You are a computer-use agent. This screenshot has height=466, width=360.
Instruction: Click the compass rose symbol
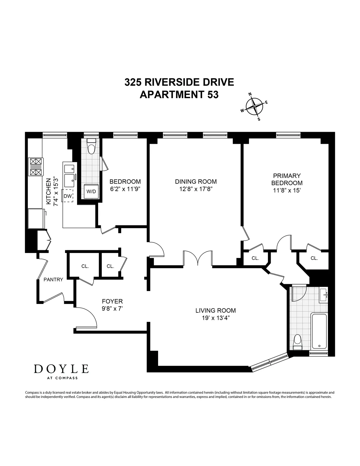click(254, 107)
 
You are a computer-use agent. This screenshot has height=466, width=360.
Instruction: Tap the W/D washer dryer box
click(91, 191)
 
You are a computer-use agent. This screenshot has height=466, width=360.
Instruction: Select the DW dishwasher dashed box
click(68, 196)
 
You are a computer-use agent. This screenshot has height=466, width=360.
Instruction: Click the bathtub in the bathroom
click(319, 331)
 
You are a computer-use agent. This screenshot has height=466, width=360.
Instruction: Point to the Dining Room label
click(196, 182)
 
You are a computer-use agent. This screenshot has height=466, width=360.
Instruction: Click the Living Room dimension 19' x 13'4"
click(215, 318)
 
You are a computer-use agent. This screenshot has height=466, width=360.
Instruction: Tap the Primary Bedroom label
click(286, 179)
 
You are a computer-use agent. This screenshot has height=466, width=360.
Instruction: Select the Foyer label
click(112, 301)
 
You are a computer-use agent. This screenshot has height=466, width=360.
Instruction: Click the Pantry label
click(53, 280)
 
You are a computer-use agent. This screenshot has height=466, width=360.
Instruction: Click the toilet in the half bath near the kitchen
click(91, 146)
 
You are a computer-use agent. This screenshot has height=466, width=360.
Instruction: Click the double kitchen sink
click(69, 174)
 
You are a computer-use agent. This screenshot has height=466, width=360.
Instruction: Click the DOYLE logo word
click(61, 369)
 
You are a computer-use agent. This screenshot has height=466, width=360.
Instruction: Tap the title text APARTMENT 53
click(179, 95)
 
